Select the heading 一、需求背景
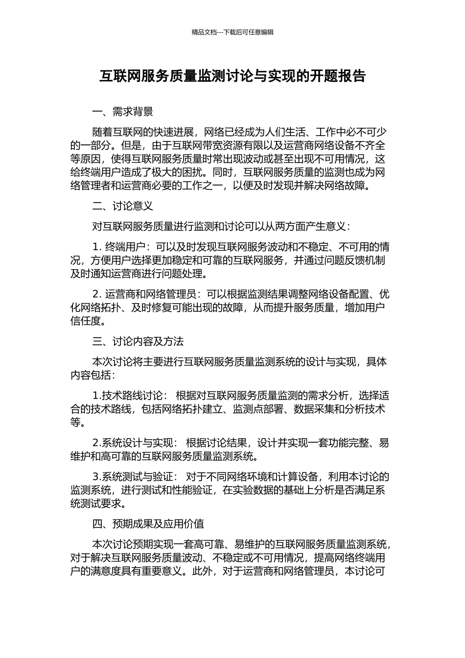122,112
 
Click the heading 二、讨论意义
122,206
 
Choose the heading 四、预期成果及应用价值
148,523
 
